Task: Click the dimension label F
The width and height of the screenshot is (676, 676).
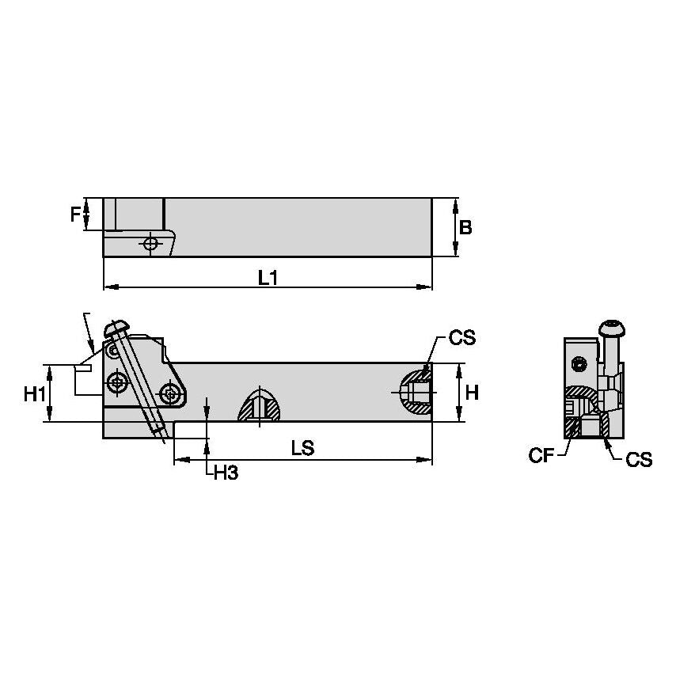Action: [x=75, y=214]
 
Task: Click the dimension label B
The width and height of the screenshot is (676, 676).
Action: [x=465, y=227]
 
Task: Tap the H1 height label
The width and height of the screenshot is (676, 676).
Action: [x=33, y=393]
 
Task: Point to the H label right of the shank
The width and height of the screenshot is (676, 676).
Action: [x=472, y=392]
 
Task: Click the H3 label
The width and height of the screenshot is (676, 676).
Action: [x=226, y=473]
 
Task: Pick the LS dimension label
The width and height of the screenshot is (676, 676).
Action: [x=302, y=448]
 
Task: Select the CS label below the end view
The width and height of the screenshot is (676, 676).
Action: [x=638, y=459]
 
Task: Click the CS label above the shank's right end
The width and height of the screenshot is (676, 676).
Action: [x=461, y=339]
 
